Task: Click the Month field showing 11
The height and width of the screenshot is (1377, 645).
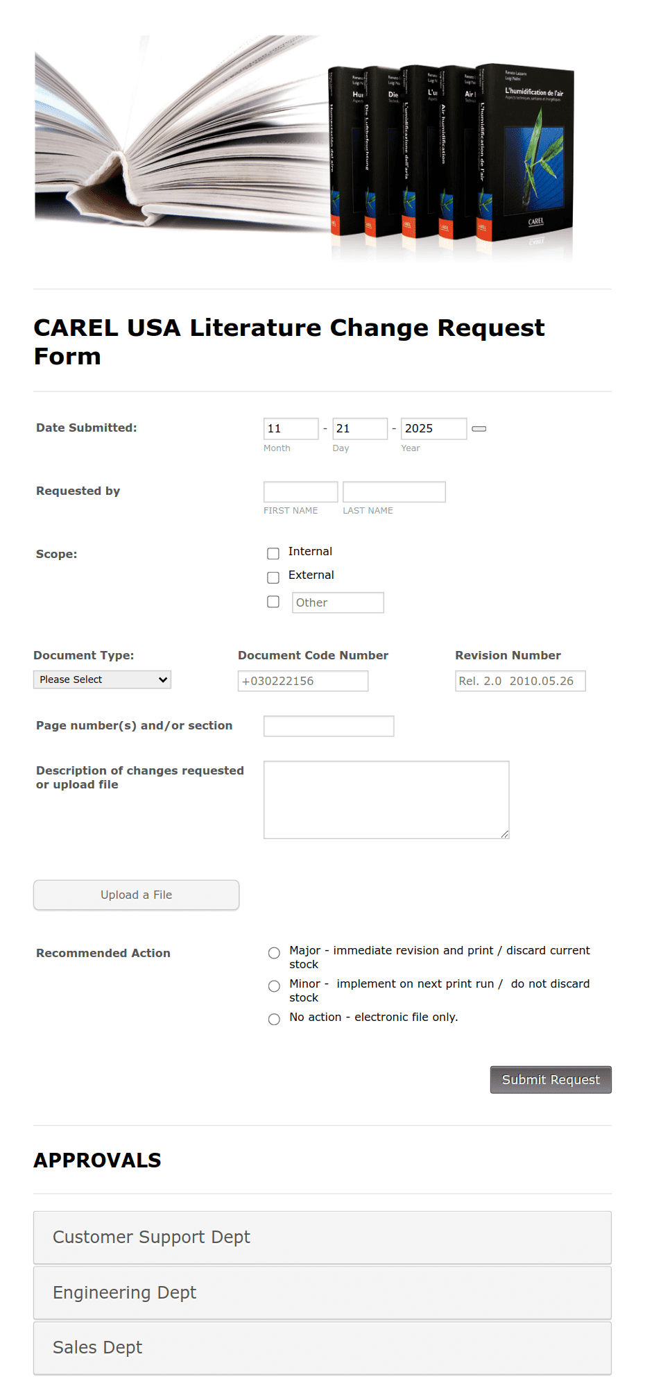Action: [x=291, y=428]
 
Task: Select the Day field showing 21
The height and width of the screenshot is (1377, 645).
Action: [x=359, y=428]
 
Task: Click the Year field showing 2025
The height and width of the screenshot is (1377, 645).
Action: [x=433, y=428]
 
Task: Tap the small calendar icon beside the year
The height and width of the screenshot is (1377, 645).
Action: [x=479, y=429]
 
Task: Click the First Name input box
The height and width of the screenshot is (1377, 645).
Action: [x=300, y=491]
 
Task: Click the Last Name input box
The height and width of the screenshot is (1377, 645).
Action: [x=394, y=491]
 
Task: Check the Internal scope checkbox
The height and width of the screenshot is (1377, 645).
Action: [x=273, y=553]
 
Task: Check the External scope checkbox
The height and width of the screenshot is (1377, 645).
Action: [x=273, y=577]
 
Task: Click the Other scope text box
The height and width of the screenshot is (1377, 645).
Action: [x=338, y=602]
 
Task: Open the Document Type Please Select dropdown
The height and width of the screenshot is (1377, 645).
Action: [x=102, y=679]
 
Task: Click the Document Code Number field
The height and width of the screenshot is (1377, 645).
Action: [x=302, y=681]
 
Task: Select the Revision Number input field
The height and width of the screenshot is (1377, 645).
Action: [x=519, y=681]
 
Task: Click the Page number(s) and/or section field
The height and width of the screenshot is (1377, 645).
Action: [x=329, y=726]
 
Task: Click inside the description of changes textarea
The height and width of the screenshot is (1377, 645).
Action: [x=386, y=800]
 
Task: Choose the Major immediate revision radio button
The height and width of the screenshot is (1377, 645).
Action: [x=274, y=953]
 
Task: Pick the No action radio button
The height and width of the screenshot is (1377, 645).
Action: [x=274, y=1019]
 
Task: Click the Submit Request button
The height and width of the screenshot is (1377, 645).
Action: [x=551, y=1079]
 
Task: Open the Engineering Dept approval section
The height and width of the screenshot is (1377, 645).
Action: [x=322, y=1292]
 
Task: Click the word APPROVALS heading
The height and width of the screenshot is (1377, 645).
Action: [x=97, y=1160]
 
